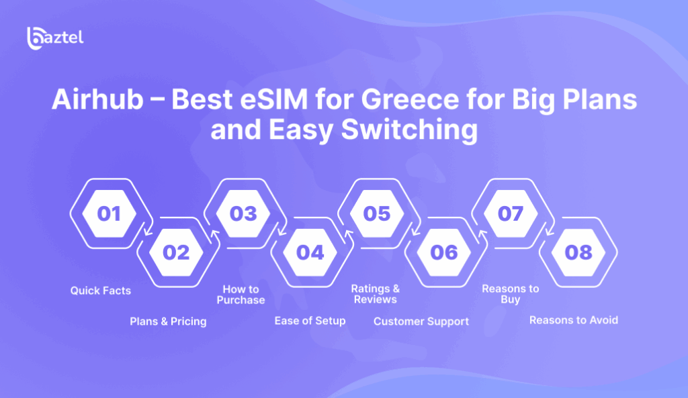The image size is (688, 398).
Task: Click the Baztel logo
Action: tap(55, 38)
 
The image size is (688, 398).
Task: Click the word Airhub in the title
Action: tap(97, 99)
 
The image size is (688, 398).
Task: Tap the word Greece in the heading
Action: tap(410, 99)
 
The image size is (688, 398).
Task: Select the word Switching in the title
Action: tap(409, 130)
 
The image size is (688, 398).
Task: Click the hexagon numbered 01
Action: tap(110, 213)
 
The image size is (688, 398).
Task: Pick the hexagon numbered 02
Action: tap(176, 252)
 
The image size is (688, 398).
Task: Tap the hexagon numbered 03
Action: tap(243, 213)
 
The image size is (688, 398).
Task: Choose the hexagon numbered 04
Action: tap(310, 252)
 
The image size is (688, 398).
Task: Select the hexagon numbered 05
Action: tap(377, 213)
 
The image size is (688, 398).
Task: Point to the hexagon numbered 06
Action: tap(444, 252)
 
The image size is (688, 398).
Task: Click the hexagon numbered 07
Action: tap(511, 213)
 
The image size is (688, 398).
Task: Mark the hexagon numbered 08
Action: tap(578, 252)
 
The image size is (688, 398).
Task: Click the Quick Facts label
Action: tap(101, 291)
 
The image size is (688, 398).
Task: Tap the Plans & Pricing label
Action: tap(168, 321)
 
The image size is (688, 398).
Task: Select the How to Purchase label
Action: tap(241, 295)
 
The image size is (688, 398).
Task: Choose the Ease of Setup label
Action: tap(310, 321)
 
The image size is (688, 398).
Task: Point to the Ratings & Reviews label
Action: tap(376, 294)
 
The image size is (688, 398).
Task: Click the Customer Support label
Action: tap(421, 321)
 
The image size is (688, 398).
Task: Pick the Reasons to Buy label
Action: tap(511, 294)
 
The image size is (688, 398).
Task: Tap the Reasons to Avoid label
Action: tap(574, 320)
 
